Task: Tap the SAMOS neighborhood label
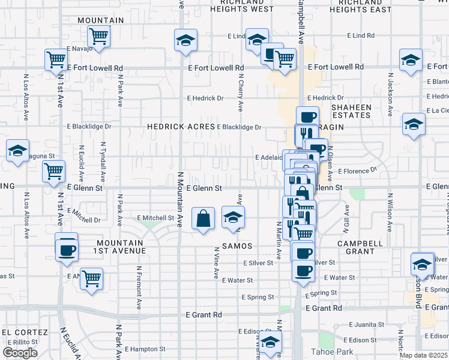pyautogui.click(x=237, y=247)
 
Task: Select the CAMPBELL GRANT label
pyautogui.click(x=360, y=247)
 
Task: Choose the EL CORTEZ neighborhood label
pyautogui.click(x=25, y=332)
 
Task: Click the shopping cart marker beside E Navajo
pyautogui.click(x=98, y=37)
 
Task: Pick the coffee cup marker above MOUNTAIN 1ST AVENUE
pyautogui.click(x=67, y=248)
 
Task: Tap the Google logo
pyautogui.click(x=20, y=353)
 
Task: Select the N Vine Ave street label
pyautogui.click(x=215, y=262)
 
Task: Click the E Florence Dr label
pyautogui.click(x=357, y=171)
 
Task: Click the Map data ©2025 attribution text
pyautogui.click(x=423, y=355)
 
